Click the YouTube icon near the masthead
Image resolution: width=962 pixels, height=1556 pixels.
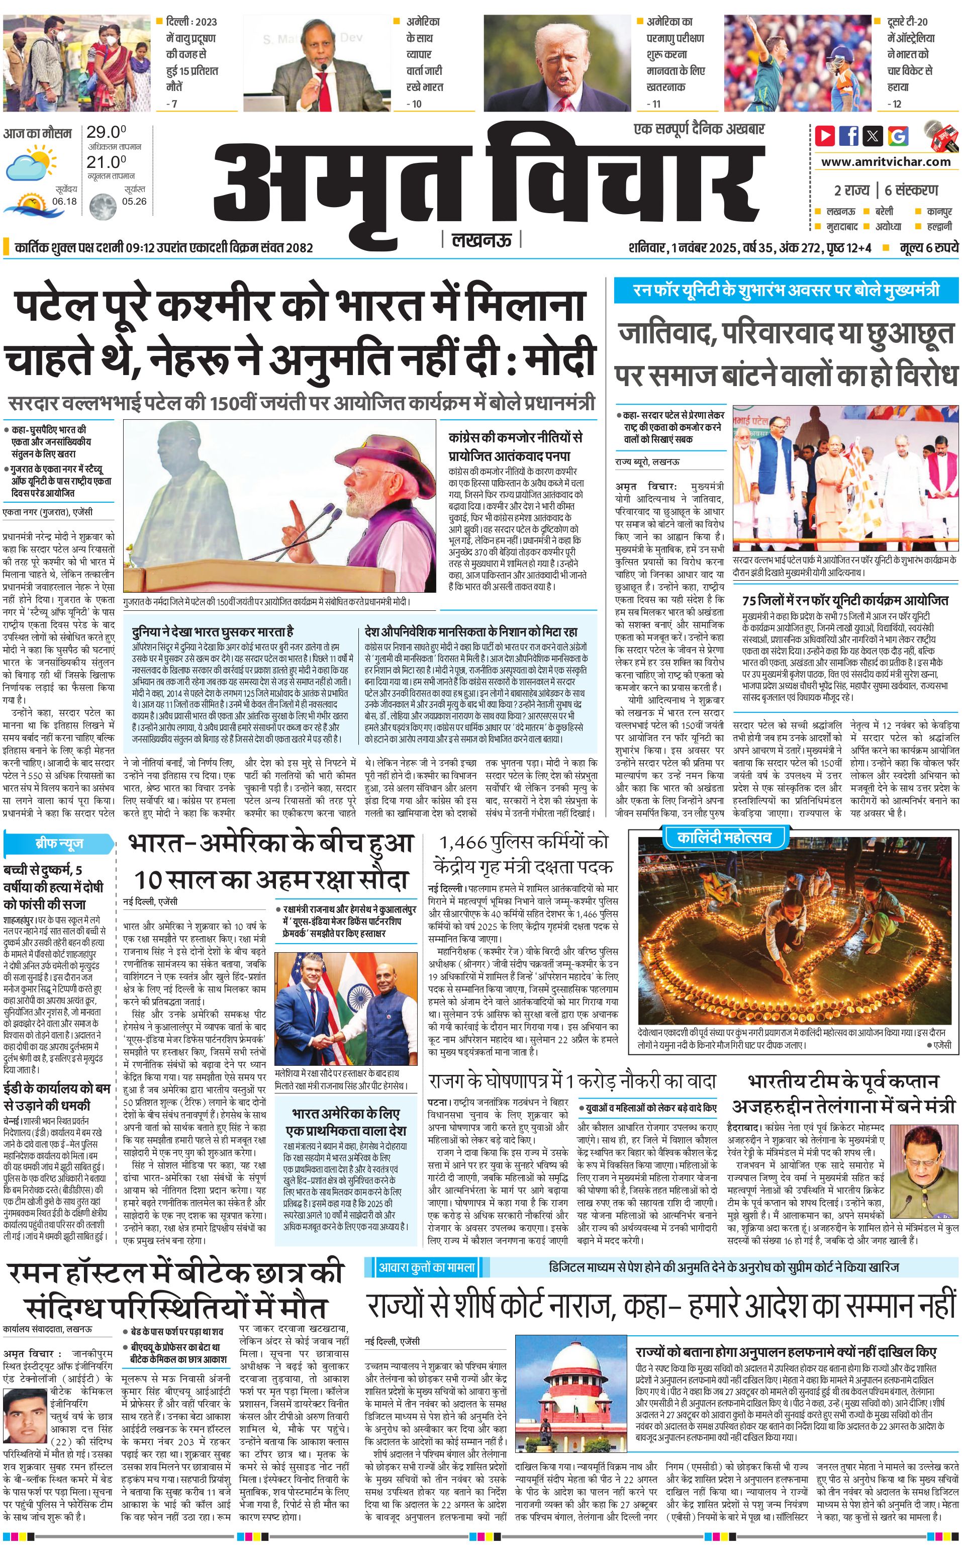(x=825, y=136)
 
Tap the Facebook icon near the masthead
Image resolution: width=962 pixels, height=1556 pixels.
(x=849, y=136)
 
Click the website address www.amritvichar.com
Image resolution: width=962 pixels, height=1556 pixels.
(x=886, y=162)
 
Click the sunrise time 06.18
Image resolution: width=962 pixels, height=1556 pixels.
(x=64, y=201)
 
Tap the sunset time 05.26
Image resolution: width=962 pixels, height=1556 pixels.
(x=134, y=201)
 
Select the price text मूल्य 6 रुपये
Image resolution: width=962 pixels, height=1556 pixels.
(x=928, y=247)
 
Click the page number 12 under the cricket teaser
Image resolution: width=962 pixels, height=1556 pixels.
(x=897, y=104)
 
